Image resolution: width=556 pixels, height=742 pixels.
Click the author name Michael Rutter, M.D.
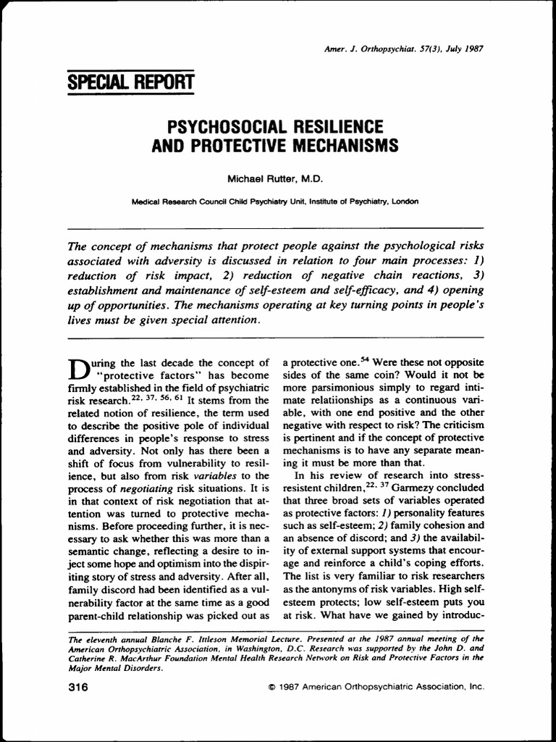(x=278, y=178)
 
